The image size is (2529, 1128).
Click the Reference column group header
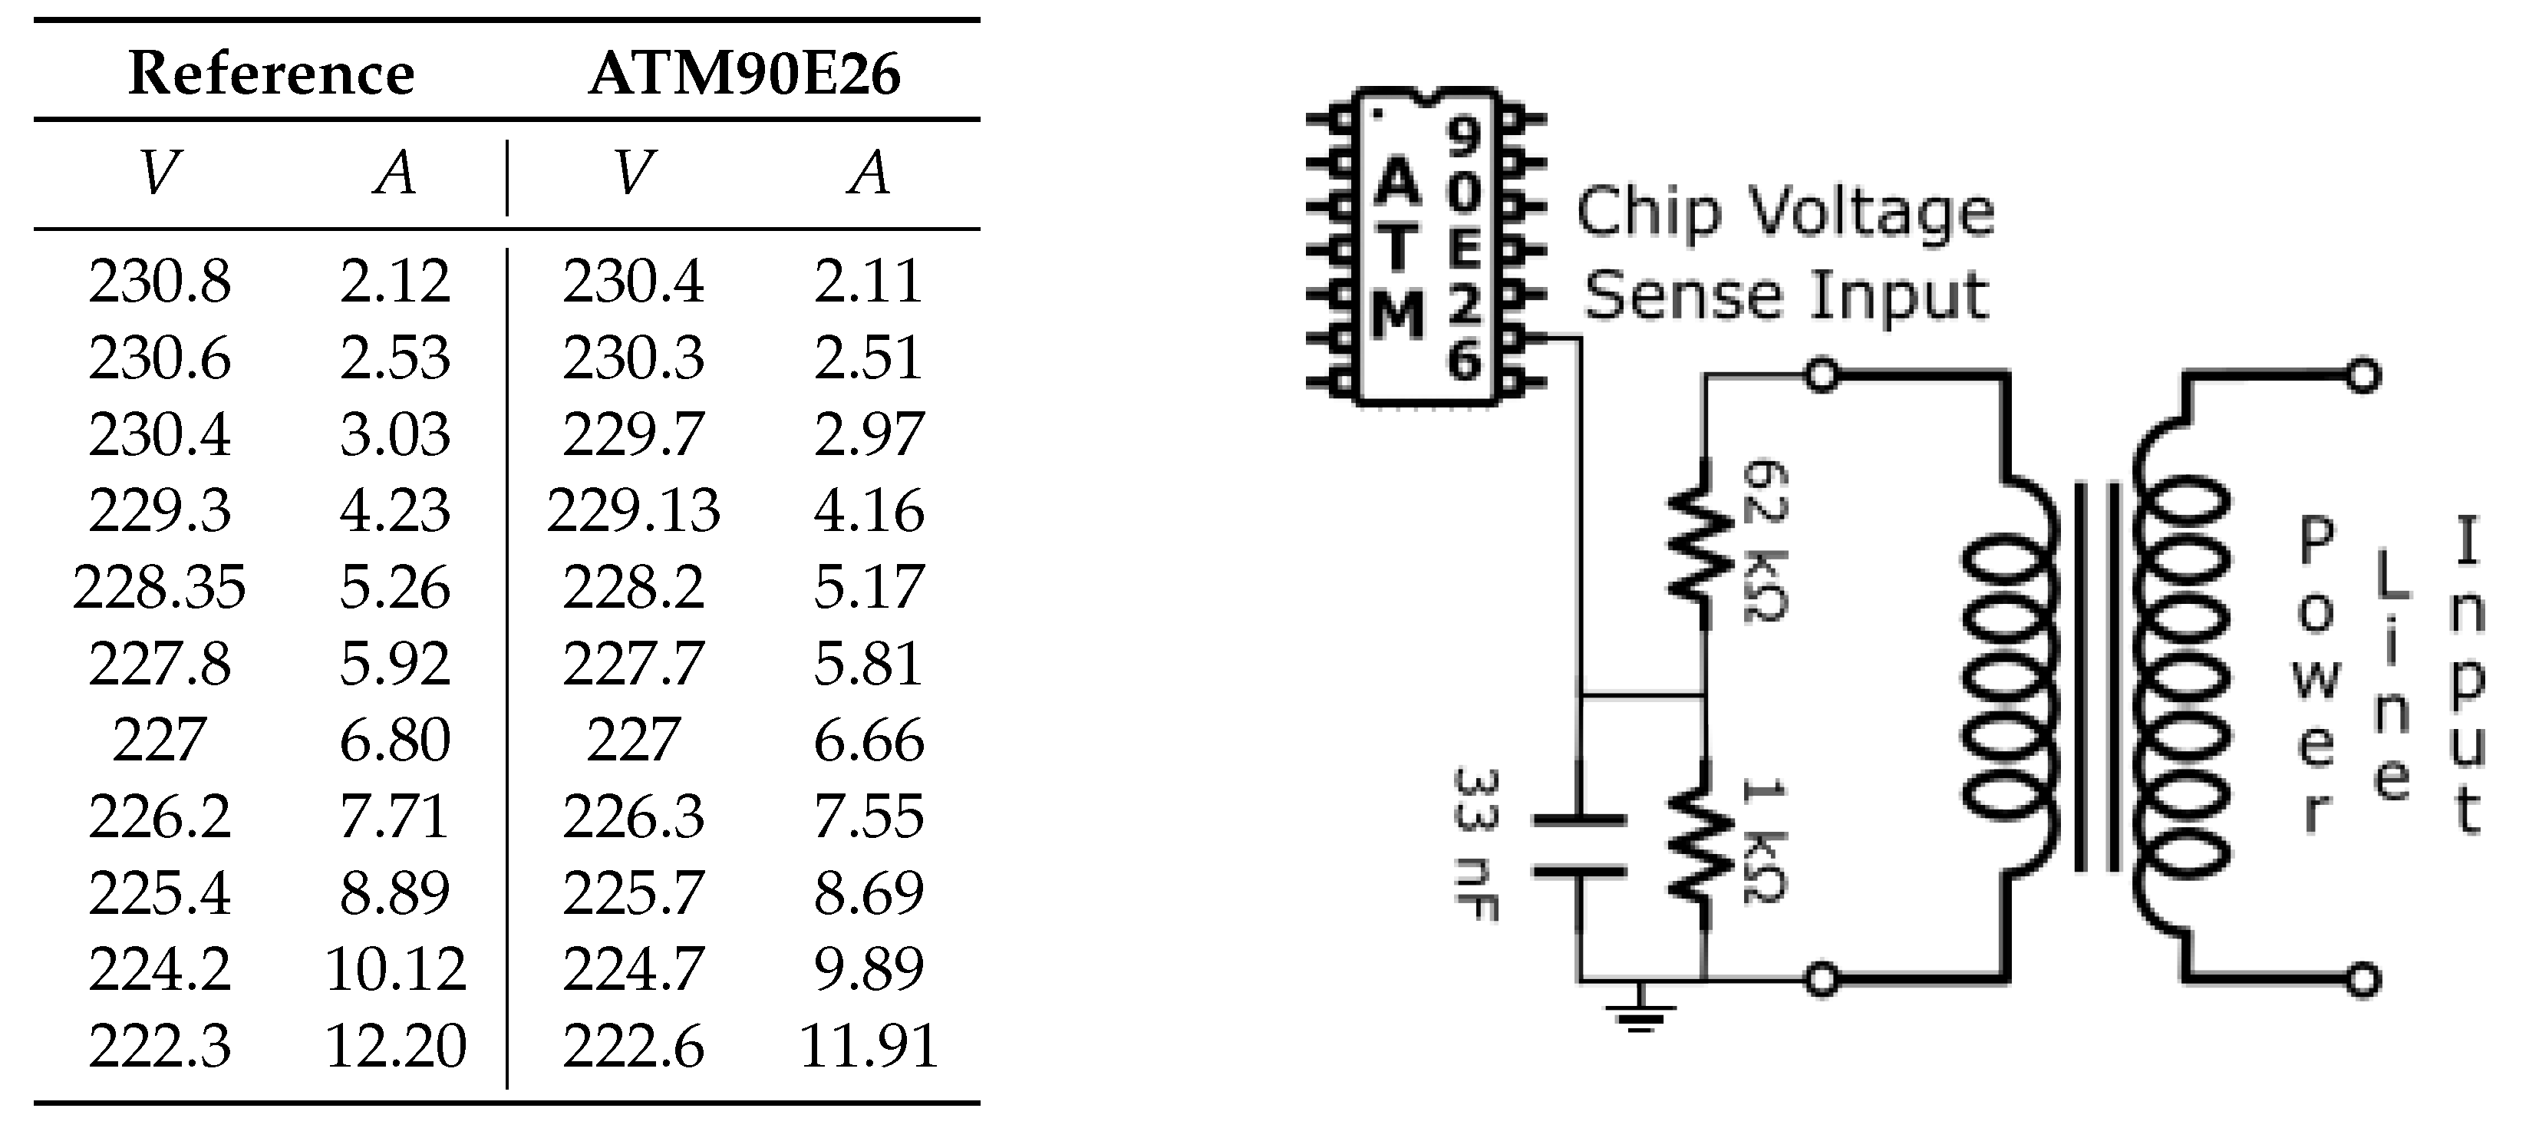tap(271, 74)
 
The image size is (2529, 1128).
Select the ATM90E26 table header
tap(744, 74)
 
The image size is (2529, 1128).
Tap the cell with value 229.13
tap(633, 510)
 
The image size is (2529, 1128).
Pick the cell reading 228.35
tap(159, 587)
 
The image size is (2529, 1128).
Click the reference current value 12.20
tap(394, 1046)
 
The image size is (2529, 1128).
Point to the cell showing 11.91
tap(869, 1046)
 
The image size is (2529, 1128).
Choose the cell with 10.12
tap(394, 970)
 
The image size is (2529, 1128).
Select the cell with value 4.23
tap(394, 510)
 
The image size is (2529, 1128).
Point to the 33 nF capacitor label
tap(1476, 844)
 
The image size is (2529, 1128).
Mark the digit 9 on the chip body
tap(1462, 137)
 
